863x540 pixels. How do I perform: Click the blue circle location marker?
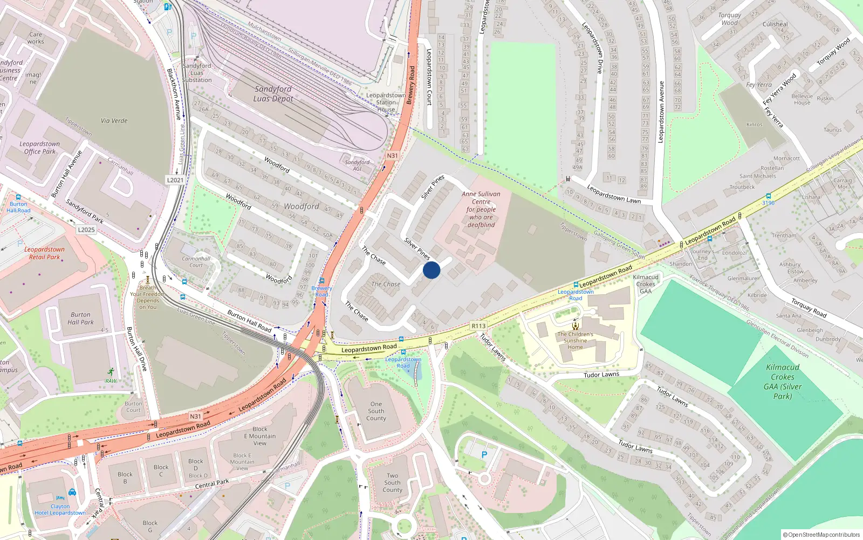point(432,270)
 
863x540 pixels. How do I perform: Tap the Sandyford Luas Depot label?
point(273,93)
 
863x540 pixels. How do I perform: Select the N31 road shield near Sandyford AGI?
point(392,156)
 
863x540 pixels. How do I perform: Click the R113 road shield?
point(478,326)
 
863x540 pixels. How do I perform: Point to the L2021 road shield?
point(175,180)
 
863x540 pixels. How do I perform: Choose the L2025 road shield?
point(86,230)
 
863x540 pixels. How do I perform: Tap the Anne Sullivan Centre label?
point(481,209)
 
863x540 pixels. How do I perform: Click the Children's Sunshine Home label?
point(575,340)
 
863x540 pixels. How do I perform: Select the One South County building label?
point(376,411)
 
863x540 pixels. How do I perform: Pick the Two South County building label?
point(393,483)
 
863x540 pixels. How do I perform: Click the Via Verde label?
point(114,120)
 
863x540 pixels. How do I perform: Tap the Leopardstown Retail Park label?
point(44,253)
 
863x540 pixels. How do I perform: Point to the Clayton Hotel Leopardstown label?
point(60,510)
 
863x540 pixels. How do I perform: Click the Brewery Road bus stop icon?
point(321,281)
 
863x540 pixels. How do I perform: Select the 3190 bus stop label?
point(768,203)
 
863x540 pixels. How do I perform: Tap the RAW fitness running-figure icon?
point(111,372)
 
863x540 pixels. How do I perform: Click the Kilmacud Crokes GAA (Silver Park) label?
point(783,381)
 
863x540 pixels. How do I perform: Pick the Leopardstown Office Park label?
point(40,147)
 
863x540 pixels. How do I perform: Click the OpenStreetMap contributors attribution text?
point(821,535)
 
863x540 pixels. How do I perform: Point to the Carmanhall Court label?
point(196,262)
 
